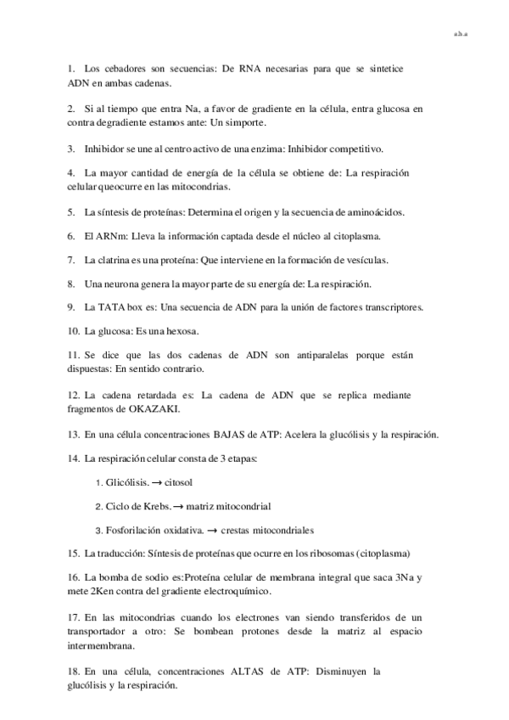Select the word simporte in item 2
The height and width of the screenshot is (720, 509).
tap(271, 123)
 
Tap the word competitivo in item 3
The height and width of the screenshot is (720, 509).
tap(354, 148)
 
